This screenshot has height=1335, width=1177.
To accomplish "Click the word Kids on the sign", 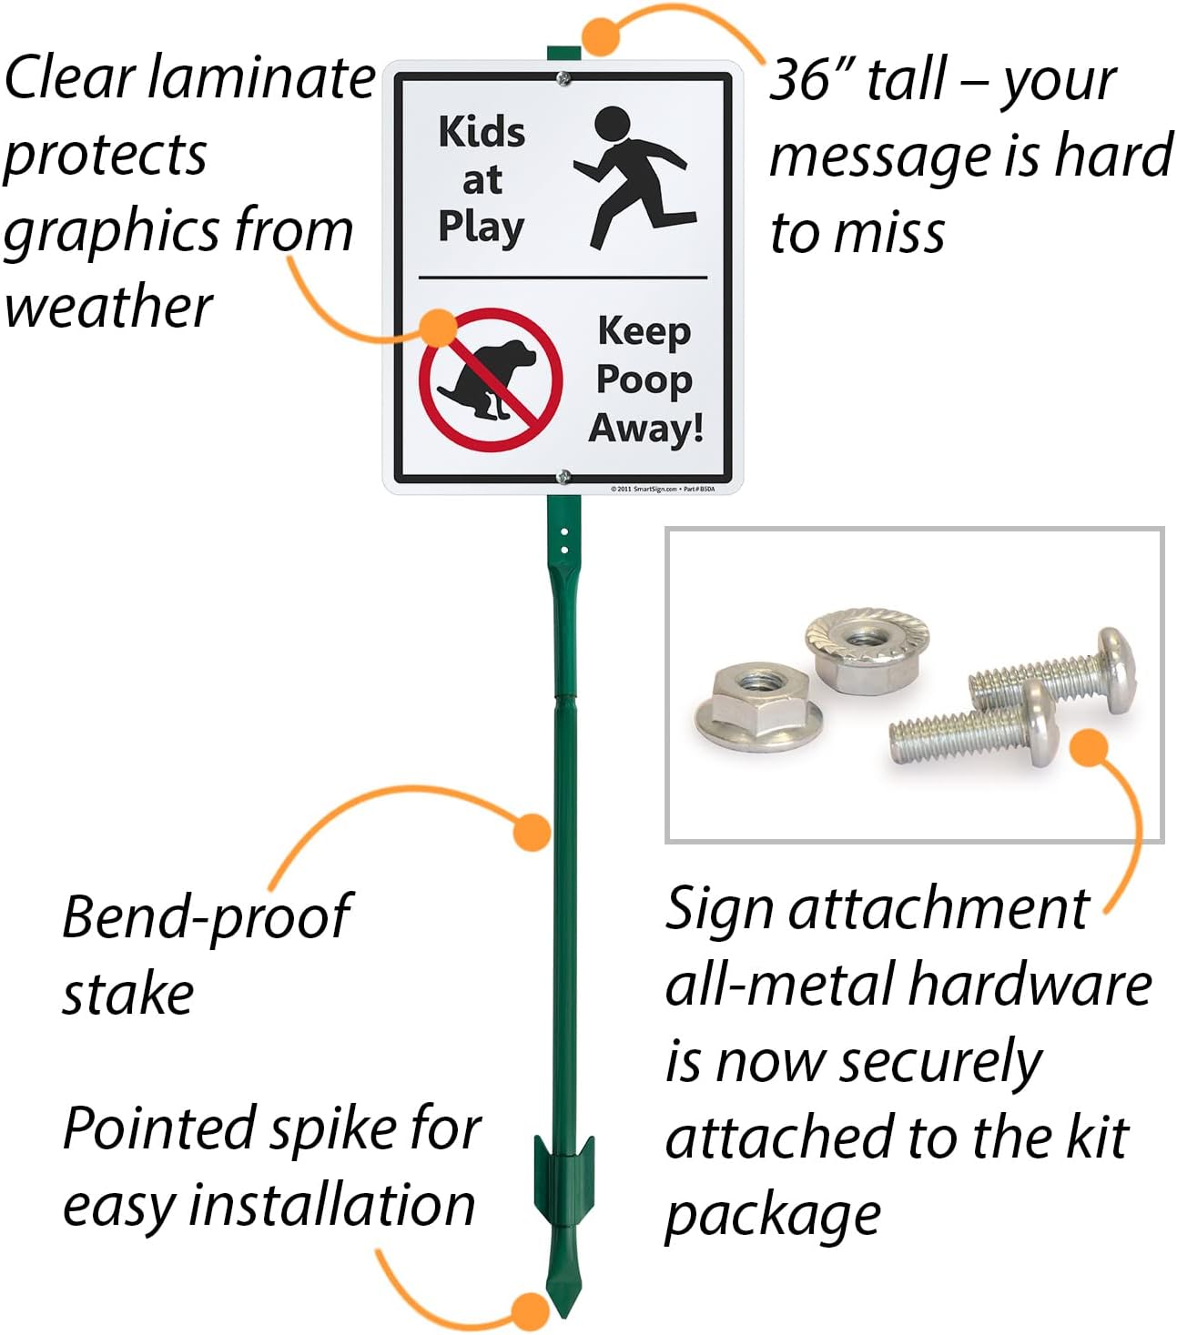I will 482,132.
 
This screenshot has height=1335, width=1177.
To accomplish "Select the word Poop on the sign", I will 644,380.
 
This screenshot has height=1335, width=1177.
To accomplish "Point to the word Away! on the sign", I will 646,428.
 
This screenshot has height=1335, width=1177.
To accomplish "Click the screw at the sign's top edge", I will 564,79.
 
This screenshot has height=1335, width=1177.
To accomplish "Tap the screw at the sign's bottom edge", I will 564,476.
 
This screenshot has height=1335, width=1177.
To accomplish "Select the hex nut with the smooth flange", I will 758,705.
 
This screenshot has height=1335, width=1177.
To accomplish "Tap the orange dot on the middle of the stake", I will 532,832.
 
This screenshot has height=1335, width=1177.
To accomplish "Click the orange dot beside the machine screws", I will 1088,748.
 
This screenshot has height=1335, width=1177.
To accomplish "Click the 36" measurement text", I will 811,80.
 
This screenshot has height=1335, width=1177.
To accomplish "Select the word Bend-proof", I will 206,916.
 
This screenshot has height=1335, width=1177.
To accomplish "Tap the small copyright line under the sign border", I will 662,489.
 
